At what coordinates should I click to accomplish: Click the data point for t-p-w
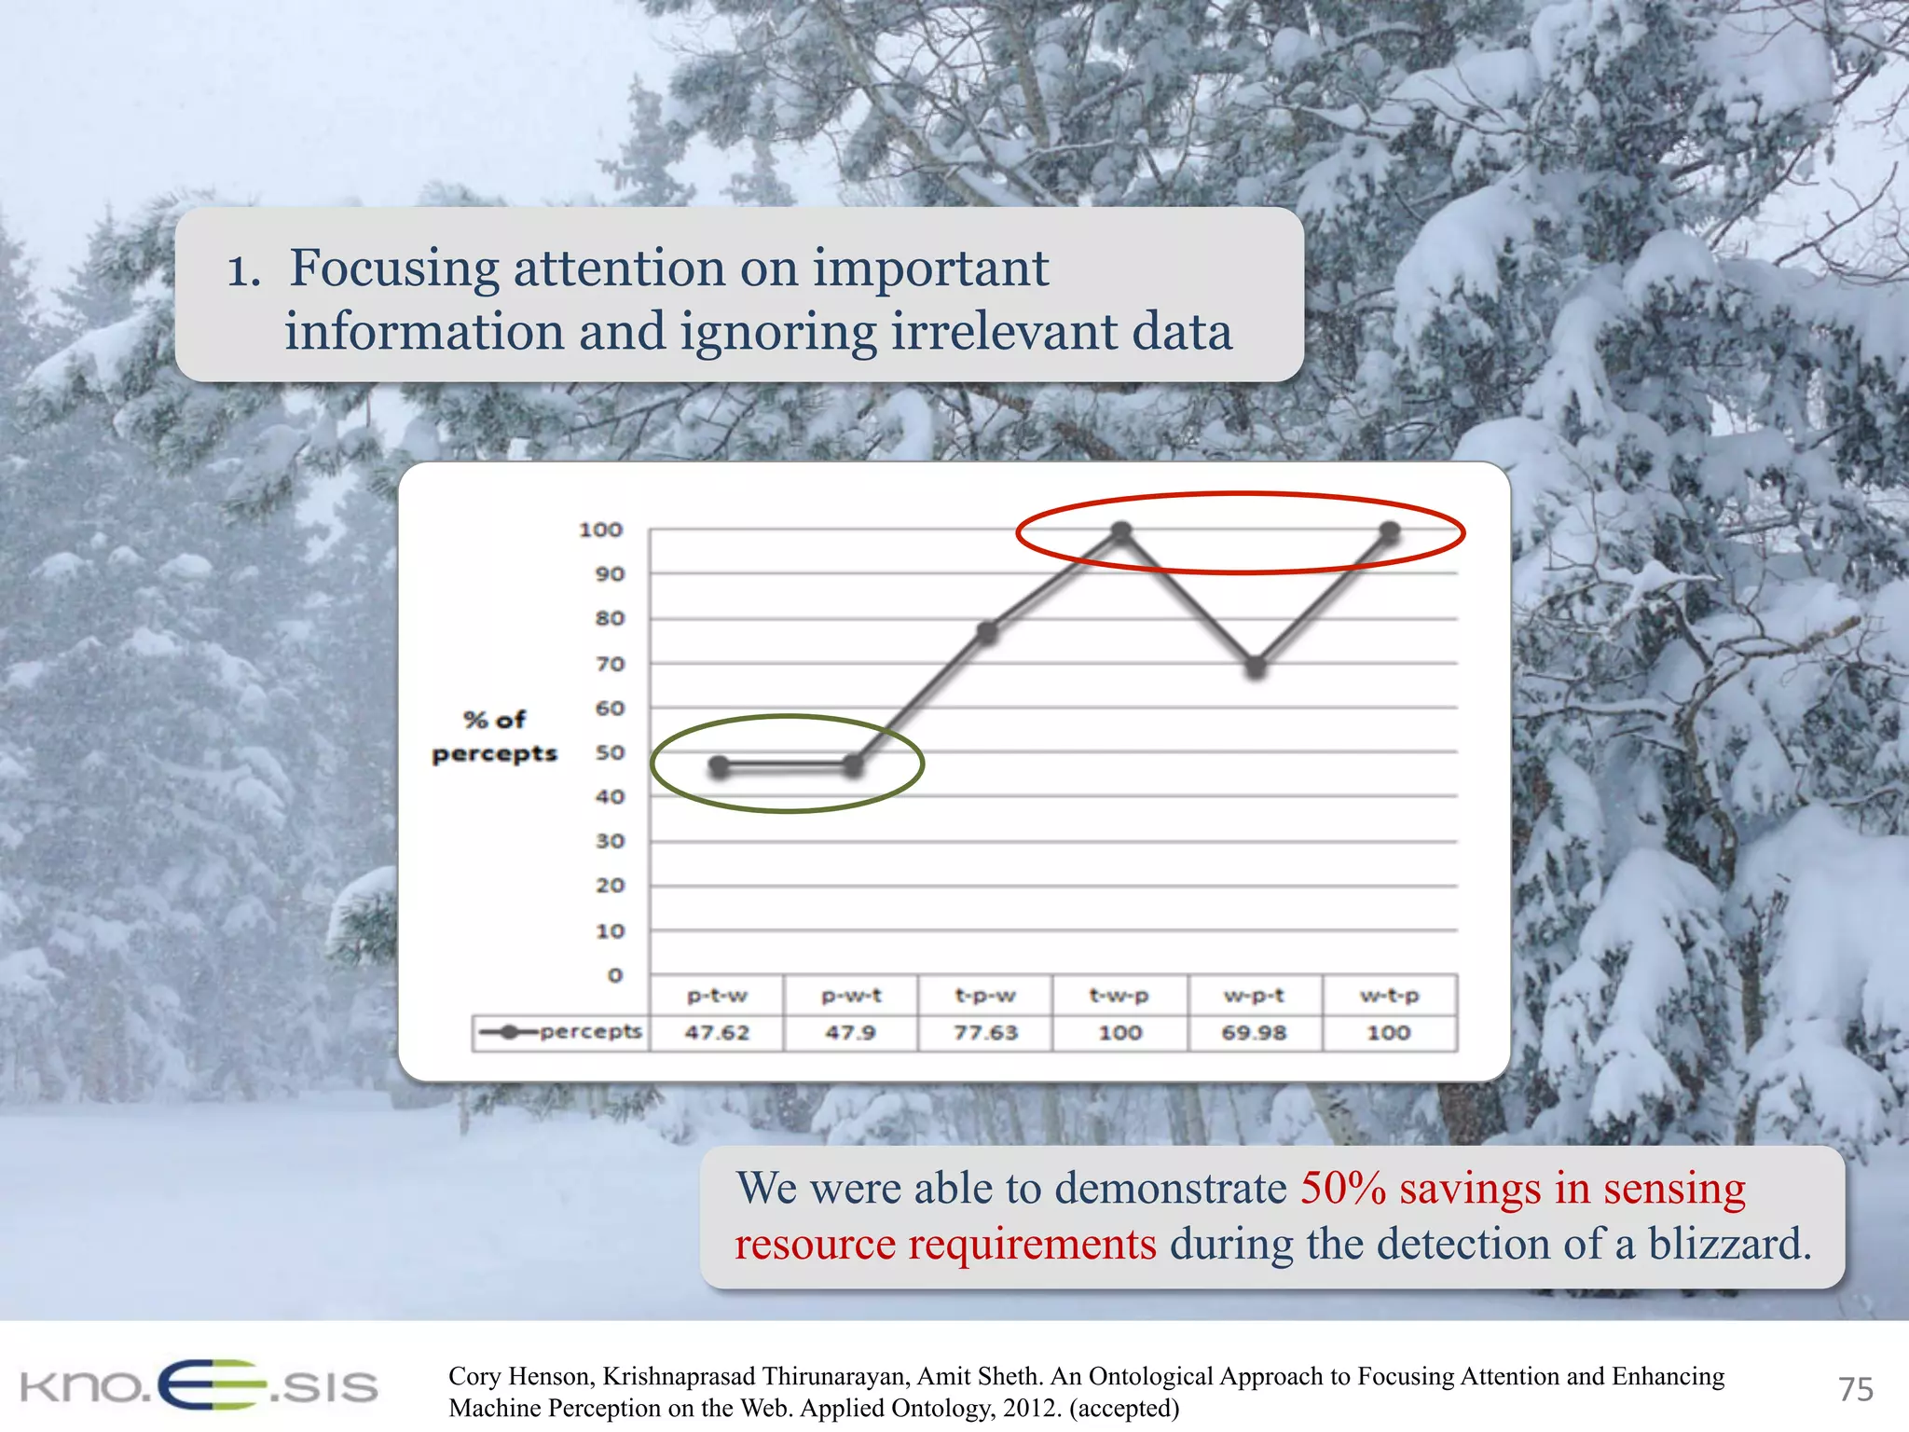[987, 633]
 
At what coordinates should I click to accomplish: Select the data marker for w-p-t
[1256, 667]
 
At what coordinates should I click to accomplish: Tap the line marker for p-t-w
[719, 766]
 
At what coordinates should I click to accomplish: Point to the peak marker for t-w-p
[1121, 531]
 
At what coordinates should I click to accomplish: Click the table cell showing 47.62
[717, 1032]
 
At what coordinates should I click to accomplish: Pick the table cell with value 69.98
[1254, 1032]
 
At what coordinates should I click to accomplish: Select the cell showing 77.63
[985, 1032]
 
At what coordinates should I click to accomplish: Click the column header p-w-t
[851, 996]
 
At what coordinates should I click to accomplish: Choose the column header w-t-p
[1389, 996]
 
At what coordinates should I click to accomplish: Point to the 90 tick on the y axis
[610, 574]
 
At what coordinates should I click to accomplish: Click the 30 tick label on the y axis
[610, 841]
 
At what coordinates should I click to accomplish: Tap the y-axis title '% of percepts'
[494, 737]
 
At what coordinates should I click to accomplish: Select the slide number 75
[1855, 1389]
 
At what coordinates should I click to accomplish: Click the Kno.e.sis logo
[199, 1385]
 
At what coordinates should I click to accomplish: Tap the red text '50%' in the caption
[1342, 1189]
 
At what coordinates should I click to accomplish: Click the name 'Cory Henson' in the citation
[519, 1376]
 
